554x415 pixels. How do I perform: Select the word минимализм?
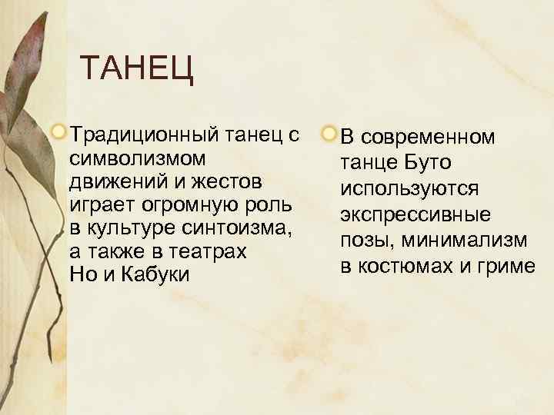466,241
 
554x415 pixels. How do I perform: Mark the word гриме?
506,266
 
